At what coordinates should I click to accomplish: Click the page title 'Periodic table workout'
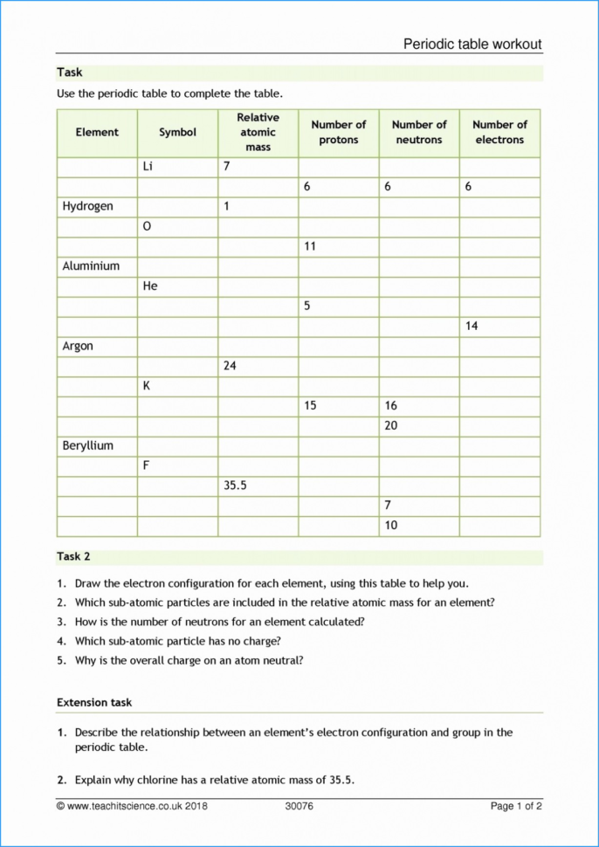coord(472,44)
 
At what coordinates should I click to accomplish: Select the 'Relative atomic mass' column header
coord(258,133)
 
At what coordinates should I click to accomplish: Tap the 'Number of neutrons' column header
coord(419,133)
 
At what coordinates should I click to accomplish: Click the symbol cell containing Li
coord(177,167)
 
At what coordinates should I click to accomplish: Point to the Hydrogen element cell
coord(97,207)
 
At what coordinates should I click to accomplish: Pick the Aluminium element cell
coord(97,266)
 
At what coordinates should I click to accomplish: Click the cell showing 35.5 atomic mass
coord(258,486)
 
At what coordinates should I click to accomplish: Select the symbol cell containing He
coord(177,286)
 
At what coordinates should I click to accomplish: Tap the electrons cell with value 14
coord(499,327)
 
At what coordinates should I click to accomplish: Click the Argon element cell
coord(97,347)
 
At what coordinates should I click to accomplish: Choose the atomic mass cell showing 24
coord(258,367)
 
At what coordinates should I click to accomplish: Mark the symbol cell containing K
coord(177,386)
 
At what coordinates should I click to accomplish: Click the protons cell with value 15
coord(338,406)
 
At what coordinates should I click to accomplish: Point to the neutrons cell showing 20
coord(419,426)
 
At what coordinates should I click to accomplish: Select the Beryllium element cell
coord(97,446)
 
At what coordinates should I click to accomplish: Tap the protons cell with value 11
coord(338,247)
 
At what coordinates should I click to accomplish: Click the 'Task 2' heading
coord(74,556)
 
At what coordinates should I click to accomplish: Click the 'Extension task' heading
coord(94,702)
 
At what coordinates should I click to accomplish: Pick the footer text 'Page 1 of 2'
coord(516,806)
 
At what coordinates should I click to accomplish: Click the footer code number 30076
coord(299,806)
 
